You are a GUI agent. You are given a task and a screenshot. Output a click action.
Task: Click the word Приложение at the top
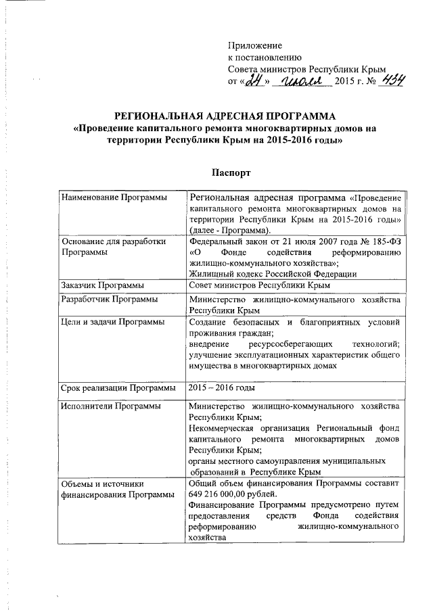tap(254, 45)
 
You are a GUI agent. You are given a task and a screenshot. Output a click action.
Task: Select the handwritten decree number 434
tap(392, 81)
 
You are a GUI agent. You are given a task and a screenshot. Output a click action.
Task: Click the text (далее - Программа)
tap(227, 230)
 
